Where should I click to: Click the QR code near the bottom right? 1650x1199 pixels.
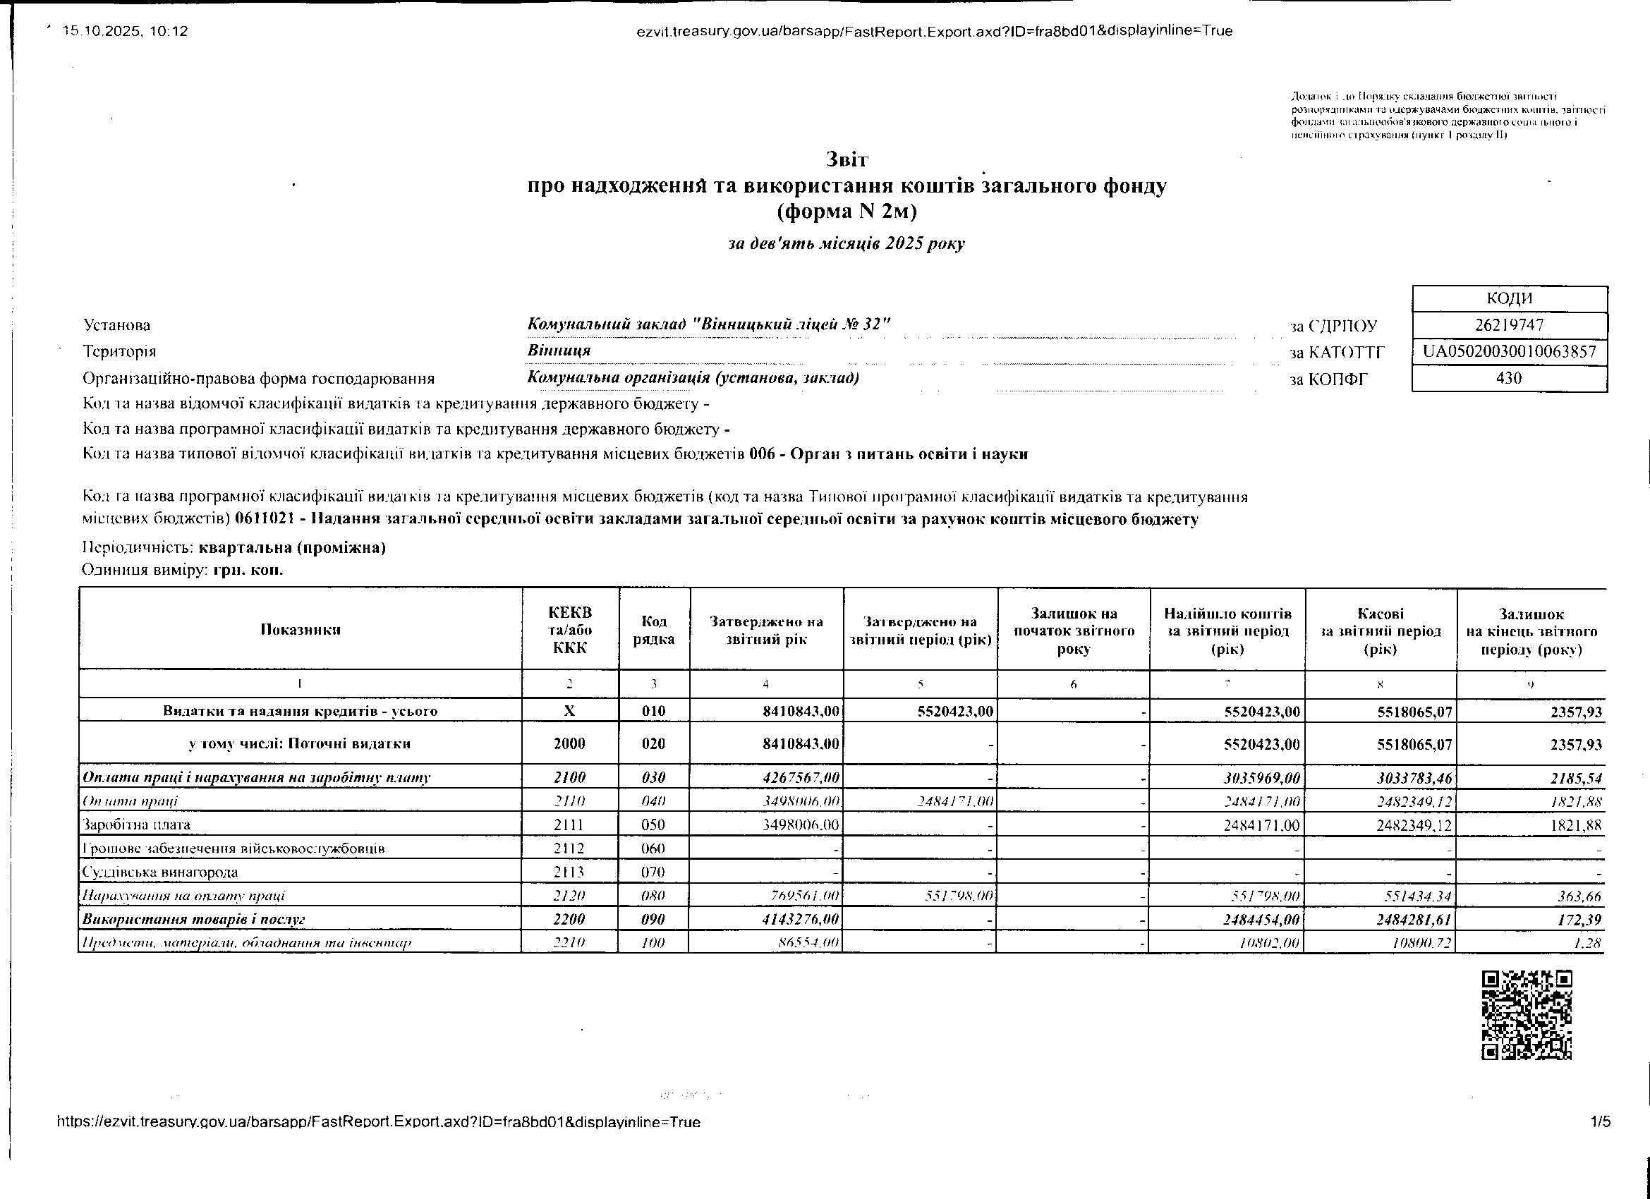pyautogui.click(x=1527, y=1014)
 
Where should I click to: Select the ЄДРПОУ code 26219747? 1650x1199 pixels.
pyautogui.click(x=1510, y=325)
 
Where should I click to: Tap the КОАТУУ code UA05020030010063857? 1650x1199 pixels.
pyautogui.click(x=1510, y=352)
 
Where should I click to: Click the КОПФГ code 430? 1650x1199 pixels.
pyautogui.click(x=1510, y=378)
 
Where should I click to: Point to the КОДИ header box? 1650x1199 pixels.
pyautogui.click(x=1510, y=298)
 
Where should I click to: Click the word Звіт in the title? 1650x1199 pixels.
pyautogui.click(x=847, y=159)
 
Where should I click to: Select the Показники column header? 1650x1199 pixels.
pyautogui.click(x=301, y=630)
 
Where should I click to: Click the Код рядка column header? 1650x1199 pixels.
pyautogui.click(x=654, y=630)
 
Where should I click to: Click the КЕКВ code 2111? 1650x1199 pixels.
pyautogui.click(x=570, y=825)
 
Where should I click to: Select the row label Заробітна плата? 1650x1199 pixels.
pyautogui.click(x=137, y=825)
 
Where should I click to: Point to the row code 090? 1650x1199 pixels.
pyautogui.click(x=654, y=920)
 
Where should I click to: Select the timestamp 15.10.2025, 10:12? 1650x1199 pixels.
pyautogui.click(x=125, y=31)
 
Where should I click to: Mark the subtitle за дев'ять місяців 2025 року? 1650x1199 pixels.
pyautogui.click(x=846, y=244)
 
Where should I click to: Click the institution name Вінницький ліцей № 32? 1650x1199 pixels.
pyautogui.click(x=708, y=324)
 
